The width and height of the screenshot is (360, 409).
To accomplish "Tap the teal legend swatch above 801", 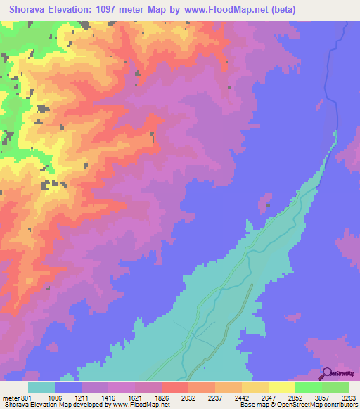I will coord(41,387).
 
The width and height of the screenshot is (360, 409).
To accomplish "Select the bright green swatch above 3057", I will coord(309,387).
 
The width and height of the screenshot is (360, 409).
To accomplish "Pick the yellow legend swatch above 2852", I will coord(282,387).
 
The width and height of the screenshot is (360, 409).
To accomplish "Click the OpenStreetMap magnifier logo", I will coord(327,373).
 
